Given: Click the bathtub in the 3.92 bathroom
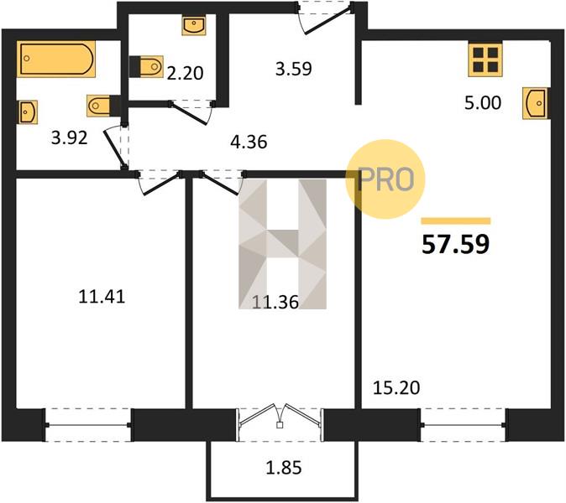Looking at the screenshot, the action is pos(56,59).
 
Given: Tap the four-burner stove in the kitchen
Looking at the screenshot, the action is pos(485,60).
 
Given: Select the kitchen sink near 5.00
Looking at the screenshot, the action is pos(536,103).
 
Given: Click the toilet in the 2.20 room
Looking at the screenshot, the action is pos(146,66).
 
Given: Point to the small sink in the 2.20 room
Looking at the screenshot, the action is pos(194,25).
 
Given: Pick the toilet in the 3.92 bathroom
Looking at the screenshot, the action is pos(103,106).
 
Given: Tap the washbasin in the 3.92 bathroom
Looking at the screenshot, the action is pos(28,112).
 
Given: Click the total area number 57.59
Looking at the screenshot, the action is pos(455,244).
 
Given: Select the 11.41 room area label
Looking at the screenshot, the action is pos(102,297).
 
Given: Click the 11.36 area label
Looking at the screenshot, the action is pos(275,302).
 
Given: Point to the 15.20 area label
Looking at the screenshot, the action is pos(396,388).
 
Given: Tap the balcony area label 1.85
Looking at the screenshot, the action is pos(283,468).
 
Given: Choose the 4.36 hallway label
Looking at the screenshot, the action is pos(249,142).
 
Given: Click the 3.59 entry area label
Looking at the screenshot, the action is pos(293,69).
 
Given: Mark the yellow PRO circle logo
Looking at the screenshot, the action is pos(385,179).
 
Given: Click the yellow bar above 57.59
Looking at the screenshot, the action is pos(456,220).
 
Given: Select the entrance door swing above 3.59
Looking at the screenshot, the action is pos(325,18).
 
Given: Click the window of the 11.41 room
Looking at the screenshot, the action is pos(88,425).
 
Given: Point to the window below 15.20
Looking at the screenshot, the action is pos(463,425).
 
